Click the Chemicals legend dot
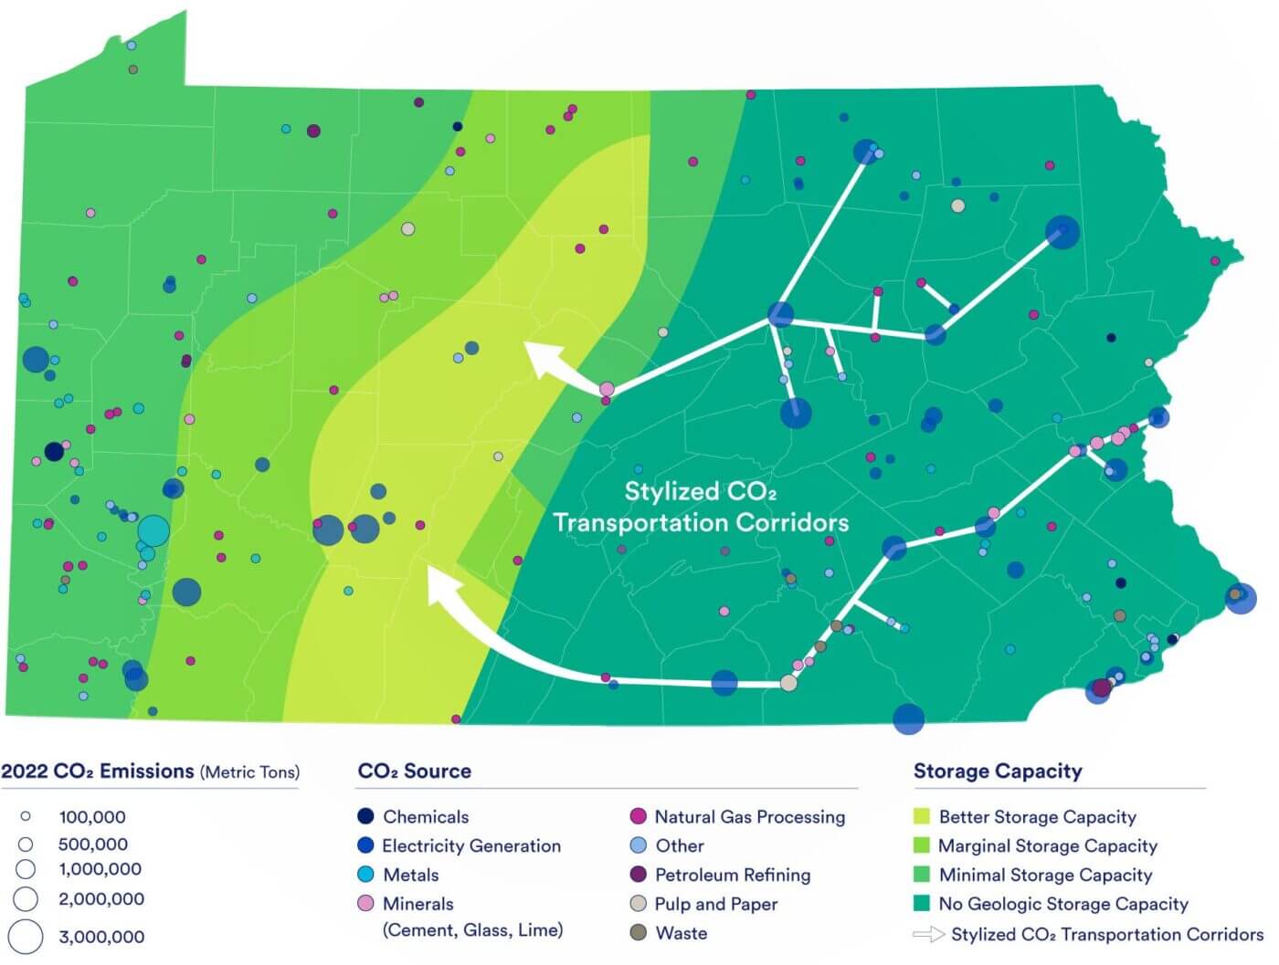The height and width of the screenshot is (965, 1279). click(365, 816)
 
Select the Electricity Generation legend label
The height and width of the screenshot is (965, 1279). click(470, 845)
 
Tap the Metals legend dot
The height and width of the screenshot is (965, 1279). click(365, 875)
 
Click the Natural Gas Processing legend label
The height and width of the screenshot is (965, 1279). click(749, 816)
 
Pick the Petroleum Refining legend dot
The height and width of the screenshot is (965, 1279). click(639, 875)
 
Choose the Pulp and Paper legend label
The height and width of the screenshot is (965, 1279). click(715, 904)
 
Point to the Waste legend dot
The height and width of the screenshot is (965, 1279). click(639, 932)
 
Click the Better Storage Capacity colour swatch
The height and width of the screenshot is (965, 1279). click(922, 816)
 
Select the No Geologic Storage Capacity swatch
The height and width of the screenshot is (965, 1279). click(922, 904)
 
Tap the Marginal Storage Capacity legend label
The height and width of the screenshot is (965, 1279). click(1047, 845)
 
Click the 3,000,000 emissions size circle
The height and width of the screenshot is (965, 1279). click(26, 937)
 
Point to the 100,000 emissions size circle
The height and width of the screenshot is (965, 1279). click(26, 816)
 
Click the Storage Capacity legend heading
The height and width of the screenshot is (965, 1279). click(998, 771)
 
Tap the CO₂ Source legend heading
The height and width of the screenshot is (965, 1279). click(415, 771)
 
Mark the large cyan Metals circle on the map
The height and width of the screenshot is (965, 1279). click(153, 530)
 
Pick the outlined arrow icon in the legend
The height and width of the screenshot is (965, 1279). click(928, 934)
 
